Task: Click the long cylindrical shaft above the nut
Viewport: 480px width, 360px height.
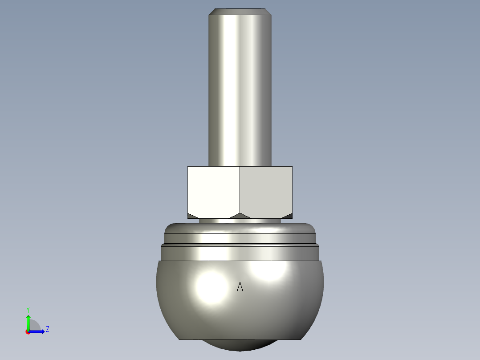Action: pyautogui.click(x=240, y=89)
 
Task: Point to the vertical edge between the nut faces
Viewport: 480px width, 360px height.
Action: pyautogui.click(x=240, y=189)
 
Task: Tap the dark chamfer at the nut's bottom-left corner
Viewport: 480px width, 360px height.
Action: pyautogui.click(x=192, y=216)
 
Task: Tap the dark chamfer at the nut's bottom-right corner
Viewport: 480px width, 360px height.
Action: pyautogui.click(x=288, y=216)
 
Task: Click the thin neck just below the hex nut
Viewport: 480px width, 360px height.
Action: pyautogui.click(x=240, y=220)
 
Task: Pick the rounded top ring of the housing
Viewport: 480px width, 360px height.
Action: pyautogui.click(x=240, y=229)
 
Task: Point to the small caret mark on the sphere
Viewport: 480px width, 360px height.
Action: pyautogui.click(x=240, y=287)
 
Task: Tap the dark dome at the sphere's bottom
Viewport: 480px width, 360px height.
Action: pyautogui.click(x=240, y=345)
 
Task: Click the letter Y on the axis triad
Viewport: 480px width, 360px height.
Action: pyautogui.click(x=28, y=309)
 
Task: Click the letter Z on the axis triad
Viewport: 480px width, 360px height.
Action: pyautogui.click(x=47, y=329)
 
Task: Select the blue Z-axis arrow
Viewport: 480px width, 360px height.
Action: pyautogui.click(x=38, y=331)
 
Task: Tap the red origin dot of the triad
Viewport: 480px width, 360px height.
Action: pyautogui.click(x=28, y=332)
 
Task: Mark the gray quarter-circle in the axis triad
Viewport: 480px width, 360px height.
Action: pyautogui.click(x=35, y=326)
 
